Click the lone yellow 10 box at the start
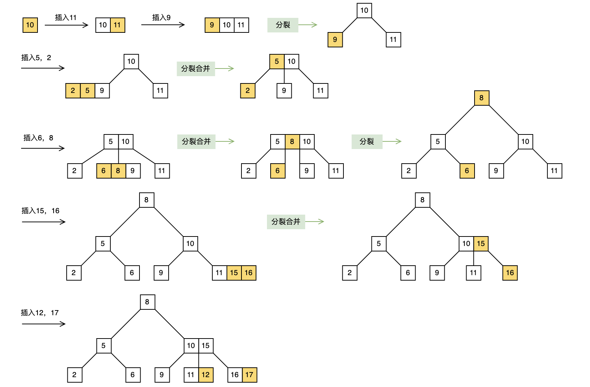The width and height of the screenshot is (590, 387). pos(30,25)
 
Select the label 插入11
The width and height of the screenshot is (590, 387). pos(66,17)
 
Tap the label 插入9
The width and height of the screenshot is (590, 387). pos(161,17)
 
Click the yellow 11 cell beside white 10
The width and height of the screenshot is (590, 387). pos(117,25)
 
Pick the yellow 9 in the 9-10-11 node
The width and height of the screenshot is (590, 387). pos(212,25)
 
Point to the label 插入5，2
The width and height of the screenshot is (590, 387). pos(36,58)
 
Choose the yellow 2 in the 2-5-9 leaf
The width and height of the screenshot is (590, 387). pos(73,91)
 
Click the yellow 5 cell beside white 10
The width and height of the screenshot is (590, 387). pos(277,62)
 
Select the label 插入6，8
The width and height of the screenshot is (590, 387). pos(38,138)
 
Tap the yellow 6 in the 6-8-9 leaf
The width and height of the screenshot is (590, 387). pos(103,171)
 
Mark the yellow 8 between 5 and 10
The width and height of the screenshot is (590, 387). pos(292,142)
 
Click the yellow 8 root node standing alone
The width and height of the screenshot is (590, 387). pos(481,98)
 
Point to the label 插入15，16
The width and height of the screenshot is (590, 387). pos(40,211)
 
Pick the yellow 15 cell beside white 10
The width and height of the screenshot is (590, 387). pos(481,244)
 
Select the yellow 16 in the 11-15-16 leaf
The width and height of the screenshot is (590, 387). pos(248,273)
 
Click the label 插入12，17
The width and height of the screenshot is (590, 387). pos(39,313)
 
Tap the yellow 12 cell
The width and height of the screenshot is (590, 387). pos(206,375)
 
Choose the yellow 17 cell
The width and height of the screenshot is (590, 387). pos(249,375)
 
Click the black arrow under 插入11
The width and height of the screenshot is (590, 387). pos(66,25)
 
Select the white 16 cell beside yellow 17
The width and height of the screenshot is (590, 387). pos(235,375)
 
